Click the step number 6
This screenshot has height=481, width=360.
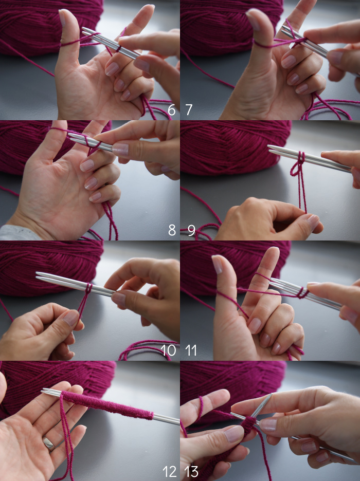[x=172, y=110]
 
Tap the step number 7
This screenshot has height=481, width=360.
[x=189, y=110]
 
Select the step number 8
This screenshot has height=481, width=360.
[x=172, y=230]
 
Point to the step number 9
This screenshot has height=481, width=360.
[x=191, y=230]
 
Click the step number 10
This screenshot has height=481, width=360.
[x=168, y=350]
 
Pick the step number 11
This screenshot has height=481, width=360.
[x=191, y=350]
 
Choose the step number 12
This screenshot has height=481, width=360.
[x=169, y=471]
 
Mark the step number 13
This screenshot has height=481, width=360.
[x=191, y=471]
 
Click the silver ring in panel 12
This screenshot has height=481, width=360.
[x=49, y=443]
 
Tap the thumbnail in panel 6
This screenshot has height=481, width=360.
[x=62, y=17]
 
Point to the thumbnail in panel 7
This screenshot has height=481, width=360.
[x=253, y=20]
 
